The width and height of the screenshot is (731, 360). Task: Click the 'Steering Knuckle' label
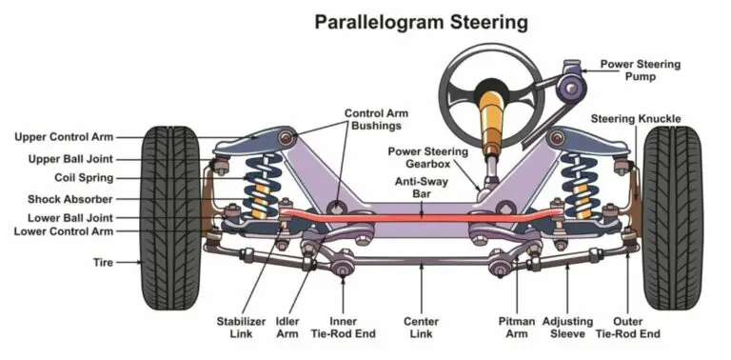(x=635, y=118)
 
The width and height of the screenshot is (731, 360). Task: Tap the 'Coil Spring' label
(x=84, y=177)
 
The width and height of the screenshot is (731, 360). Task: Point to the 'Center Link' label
(x=421, y=328)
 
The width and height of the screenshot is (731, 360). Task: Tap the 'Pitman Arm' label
(x=517, y=328)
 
